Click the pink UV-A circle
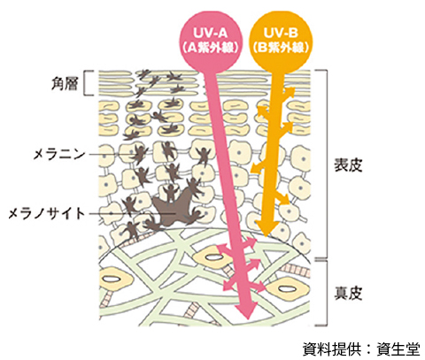click(211, 42)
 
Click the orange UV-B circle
click(281, 42)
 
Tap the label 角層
click(65, 84)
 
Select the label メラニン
click(59, 154)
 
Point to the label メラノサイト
click(47, 213)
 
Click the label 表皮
click(348, 165)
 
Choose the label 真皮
click(348, 293)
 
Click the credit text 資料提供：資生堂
click(361, 349)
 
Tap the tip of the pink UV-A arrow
click(247, 319)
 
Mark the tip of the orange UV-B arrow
click(266, 236)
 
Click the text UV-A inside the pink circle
click(211, 33)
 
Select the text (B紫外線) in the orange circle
click(281, 48)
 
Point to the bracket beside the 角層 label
click(84, 83)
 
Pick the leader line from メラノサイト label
click(132, 213)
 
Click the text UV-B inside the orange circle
click(281, 33)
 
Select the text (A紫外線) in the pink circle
click(211, 48)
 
